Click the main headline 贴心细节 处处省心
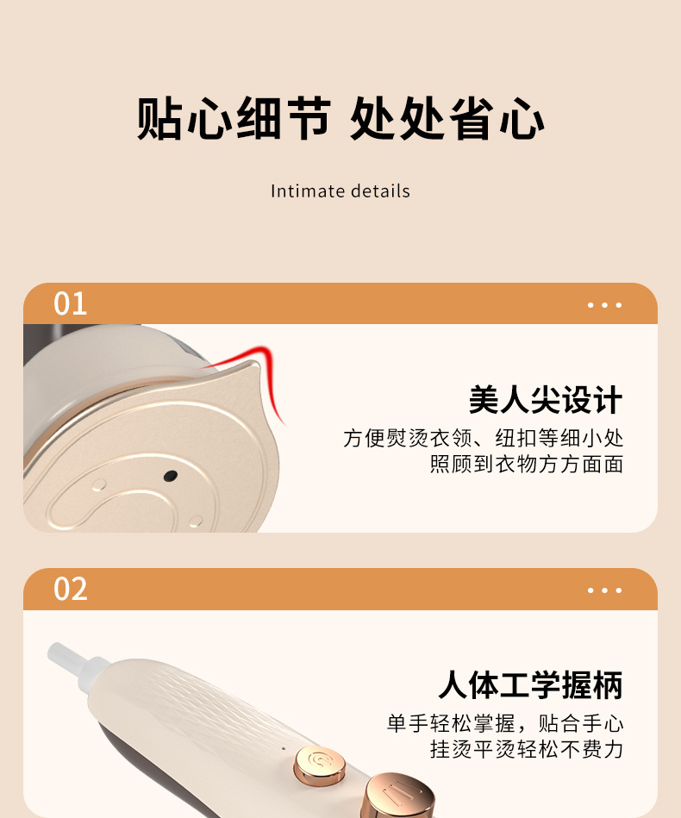[x=340, y=118]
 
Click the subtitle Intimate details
[x=340, y=191]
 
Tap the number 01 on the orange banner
[x=71, y=303]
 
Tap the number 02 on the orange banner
[x=71, y=589]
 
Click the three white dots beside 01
[x=604, y=304]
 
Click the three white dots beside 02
[x=604, y=590]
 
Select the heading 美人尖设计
[x=546, y=400]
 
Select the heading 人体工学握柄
[x=531, y=684]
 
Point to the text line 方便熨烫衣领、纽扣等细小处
[x=484, y=438]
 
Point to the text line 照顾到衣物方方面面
[x=527, y=464]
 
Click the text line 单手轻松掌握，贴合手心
[x=505, y=723]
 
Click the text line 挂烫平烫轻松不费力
[x=527, y=749]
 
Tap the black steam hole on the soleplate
[x=170, y=476]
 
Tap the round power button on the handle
[x=319, y=765]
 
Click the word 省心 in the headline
[x=497, y=118]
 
